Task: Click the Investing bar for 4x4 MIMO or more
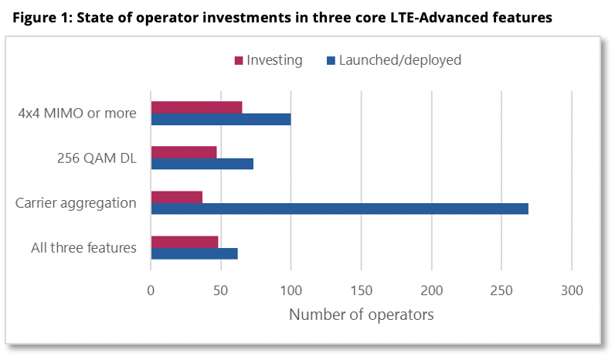click(196, 107)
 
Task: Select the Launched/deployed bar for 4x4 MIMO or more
click(221, 119)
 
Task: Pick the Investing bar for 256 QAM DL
click(184, 152)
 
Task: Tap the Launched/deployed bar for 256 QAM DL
click(202, 164)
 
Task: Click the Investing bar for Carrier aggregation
click(177, 197)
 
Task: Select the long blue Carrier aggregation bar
click(339, 209)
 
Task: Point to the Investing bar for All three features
click(185, 242)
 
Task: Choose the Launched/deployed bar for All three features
click(194, 253)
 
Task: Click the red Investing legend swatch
click(240, 60)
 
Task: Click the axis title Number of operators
click(361, 314)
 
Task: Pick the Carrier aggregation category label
click(76, 203)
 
